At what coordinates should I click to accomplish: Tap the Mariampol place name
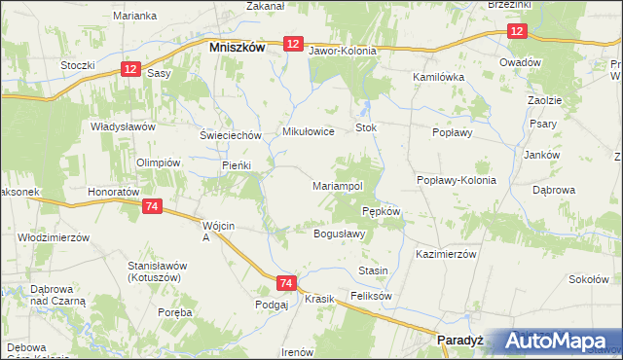pyautogui.click(x=338, y=185)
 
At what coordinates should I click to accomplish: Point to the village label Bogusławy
pyautogui.click(x=339, y=234)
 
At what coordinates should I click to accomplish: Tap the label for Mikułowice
pyautogui.click(x=308, y=131)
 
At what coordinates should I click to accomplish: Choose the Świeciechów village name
pyautogui.click(x=231, y=135)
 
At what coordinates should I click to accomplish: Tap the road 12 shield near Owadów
pyautogui.click(x=516, y=32)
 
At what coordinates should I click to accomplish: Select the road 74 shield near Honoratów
pyautogui.click(x=151, y=207)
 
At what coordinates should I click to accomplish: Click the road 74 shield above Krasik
pyautogui.click(x=285, y=283)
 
